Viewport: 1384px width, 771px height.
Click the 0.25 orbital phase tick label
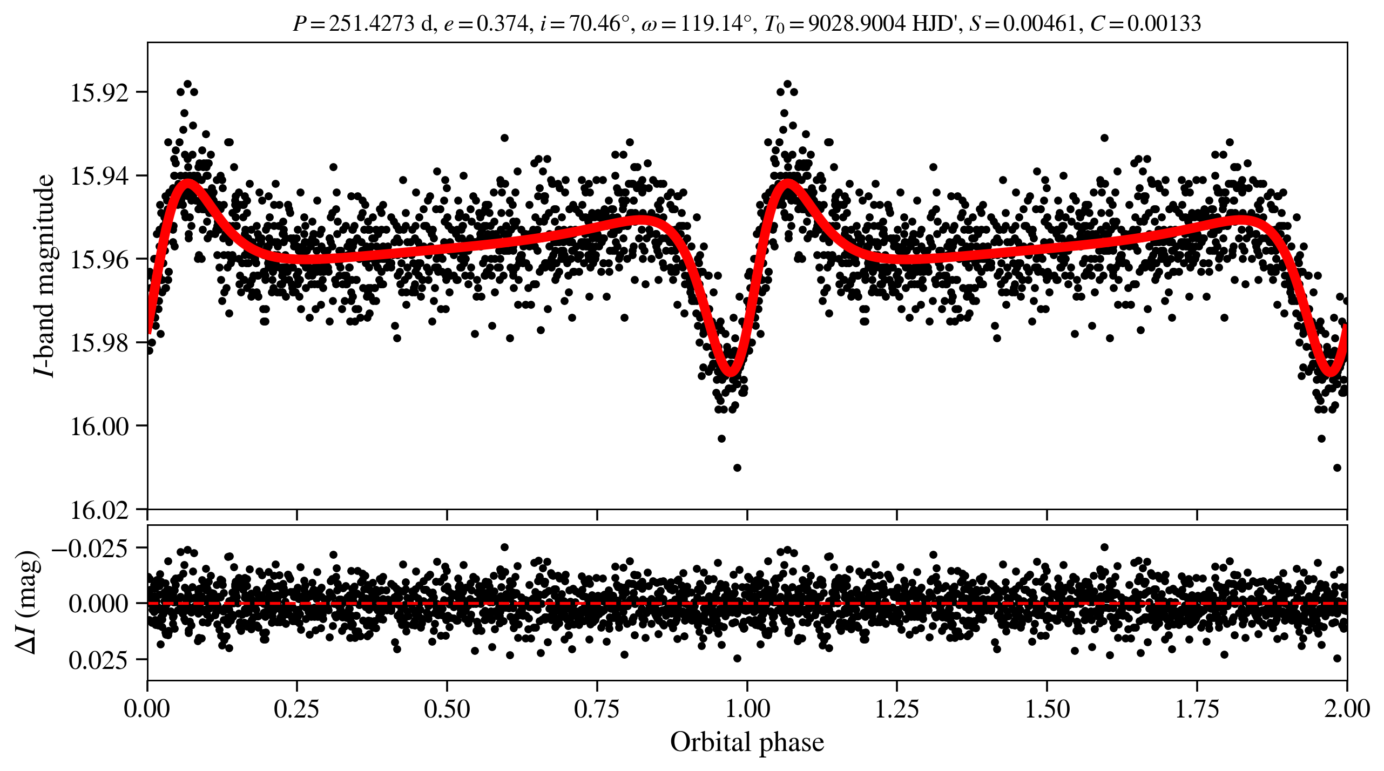point(296,709)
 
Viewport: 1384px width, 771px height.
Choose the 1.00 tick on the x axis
point(747,709)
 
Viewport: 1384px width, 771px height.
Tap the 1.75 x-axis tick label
point(1197,709)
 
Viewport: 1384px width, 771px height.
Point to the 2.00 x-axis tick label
point(1347,709)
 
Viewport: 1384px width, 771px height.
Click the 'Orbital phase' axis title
point(747,742)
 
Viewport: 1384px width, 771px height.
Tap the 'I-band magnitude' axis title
point(44,275)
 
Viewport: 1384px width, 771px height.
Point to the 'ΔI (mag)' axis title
point(28,602)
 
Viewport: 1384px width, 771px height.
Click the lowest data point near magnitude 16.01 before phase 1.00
point(737,468)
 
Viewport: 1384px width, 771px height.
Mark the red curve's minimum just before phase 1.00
point(731,372)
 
